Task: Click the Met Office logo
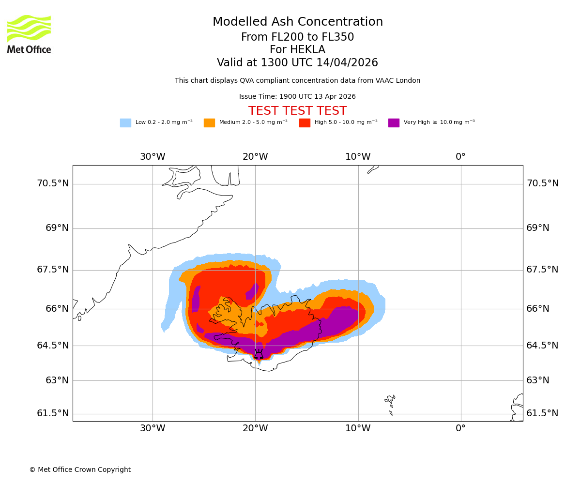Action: [29, 34]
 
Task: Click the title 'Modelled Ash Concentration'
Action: [297, 22]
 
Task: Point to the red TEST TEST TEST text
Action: [297, 111]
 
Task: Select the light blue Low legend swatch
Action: [125, 123]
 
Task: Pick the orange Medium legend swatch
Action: [209, 123]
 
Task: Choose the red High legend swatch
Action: [305, 123]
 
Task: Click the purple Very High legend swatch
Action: [394, 123]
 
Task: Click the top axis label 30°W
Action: [153, 157]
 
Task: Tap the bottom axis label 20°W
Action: [255, 428]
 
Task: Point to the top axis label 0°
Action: [460, 157]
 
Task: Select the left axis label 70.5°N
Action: [53, 183]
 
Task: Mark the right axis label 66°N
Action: [538, 309]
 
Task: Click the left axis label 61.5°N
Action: [53, 413]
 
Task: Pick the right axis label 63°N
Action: [538, 380]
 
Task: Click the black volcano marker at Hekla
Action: [259, 354]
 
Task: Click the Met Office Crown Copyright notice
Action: [80, 469]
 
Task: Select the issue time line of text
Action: [297, 97]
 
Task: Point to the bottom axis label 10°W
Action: [358, 428]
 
